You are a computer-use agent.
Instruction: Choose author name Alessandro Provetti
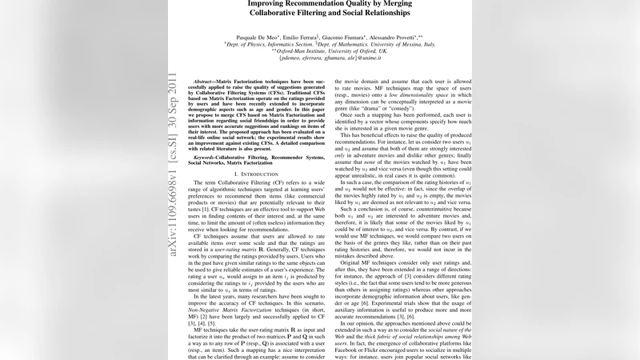[403, 37]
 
